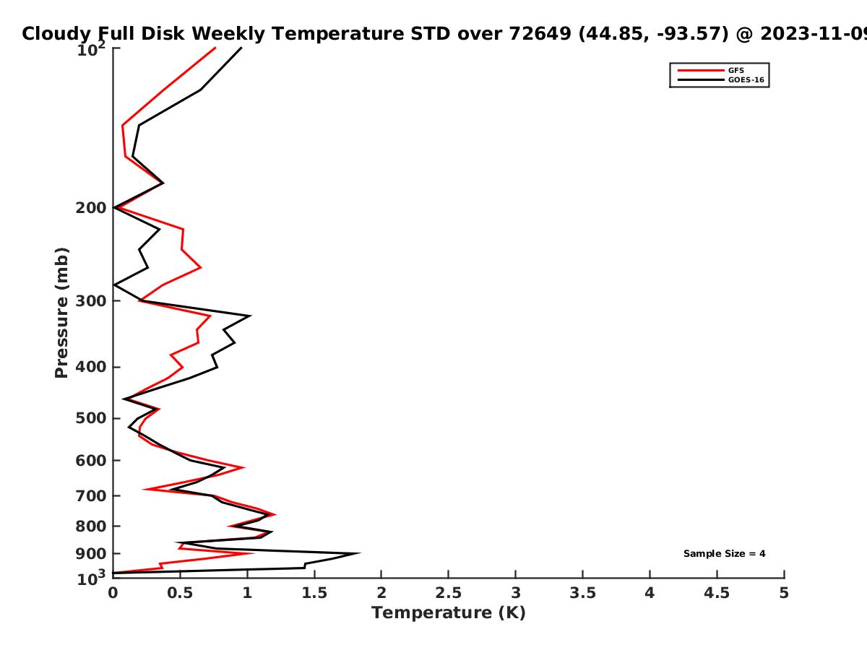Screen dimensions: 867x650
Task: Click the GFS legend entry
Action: click(x=711, y=70)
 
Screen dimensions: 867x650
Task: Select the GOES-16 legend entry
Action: click(x=721, y=79)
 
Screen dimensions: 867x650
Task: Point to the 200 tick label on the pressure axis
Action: click(x=91, y=208)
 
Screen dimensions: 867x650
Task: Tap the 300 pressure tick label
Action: click(x=91, y=301)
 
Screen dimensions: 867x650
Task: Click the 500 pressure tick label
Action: click(x=91, y=418)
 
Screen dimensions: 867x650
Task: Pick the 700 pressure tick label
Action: click(x=91, y=495)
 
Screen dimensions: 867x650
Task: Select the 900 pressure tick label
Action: click(x=91, y=554)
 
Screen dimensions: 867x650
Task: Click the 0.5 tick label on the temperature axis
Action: click(x=180, y=593)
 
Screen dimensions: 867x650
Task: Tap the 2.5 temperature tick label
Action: click(x=449, y=593)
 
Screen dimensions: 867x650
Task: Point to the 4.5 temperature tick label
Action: click(x=717, y=593)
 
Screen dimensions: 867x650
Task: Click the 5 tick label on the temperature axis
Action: click(x=784, y=593)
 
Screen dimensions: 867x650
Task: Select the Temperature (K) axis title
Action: click(x=449, y=613)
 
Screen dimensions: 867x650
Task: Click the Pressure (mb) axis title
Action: click(x=61, y=313)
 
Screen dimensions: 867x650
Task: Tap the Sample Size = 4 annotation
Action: click(x=725, y=554)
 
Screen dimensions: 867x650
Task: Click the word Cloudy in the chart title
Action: click(x=56, y=34)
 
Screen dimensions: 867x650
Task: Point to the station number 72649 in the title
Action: click(x=540, y=34)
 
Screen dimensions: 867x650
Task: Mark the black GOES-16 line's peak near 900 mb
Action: click(x=359, y=553)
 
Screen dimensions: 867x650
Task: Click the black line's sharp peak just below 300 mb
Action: click(x=250, y=316)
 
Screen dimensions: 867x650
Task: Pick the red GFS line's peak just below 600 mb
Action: click(x=243, y=467)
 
